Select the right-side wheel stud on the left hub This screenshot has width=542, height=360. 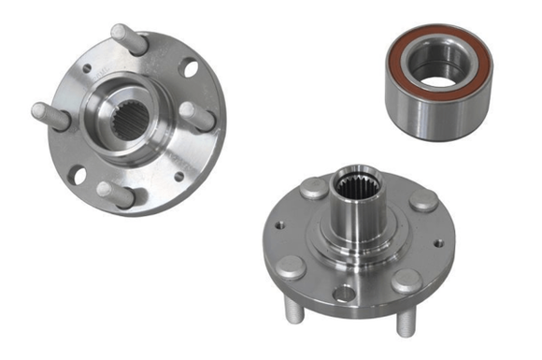(x=197, y=117)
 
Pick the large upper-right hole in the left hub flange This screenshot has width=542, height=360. (x=190, y=68)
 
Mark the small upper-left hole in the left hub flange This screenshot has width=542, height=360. (x=87, y=68)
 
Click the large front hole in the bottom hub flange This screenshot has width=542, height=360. (x=344, y=294)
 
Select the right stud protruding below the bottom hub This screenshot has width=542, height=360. (x=406, y=322)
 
